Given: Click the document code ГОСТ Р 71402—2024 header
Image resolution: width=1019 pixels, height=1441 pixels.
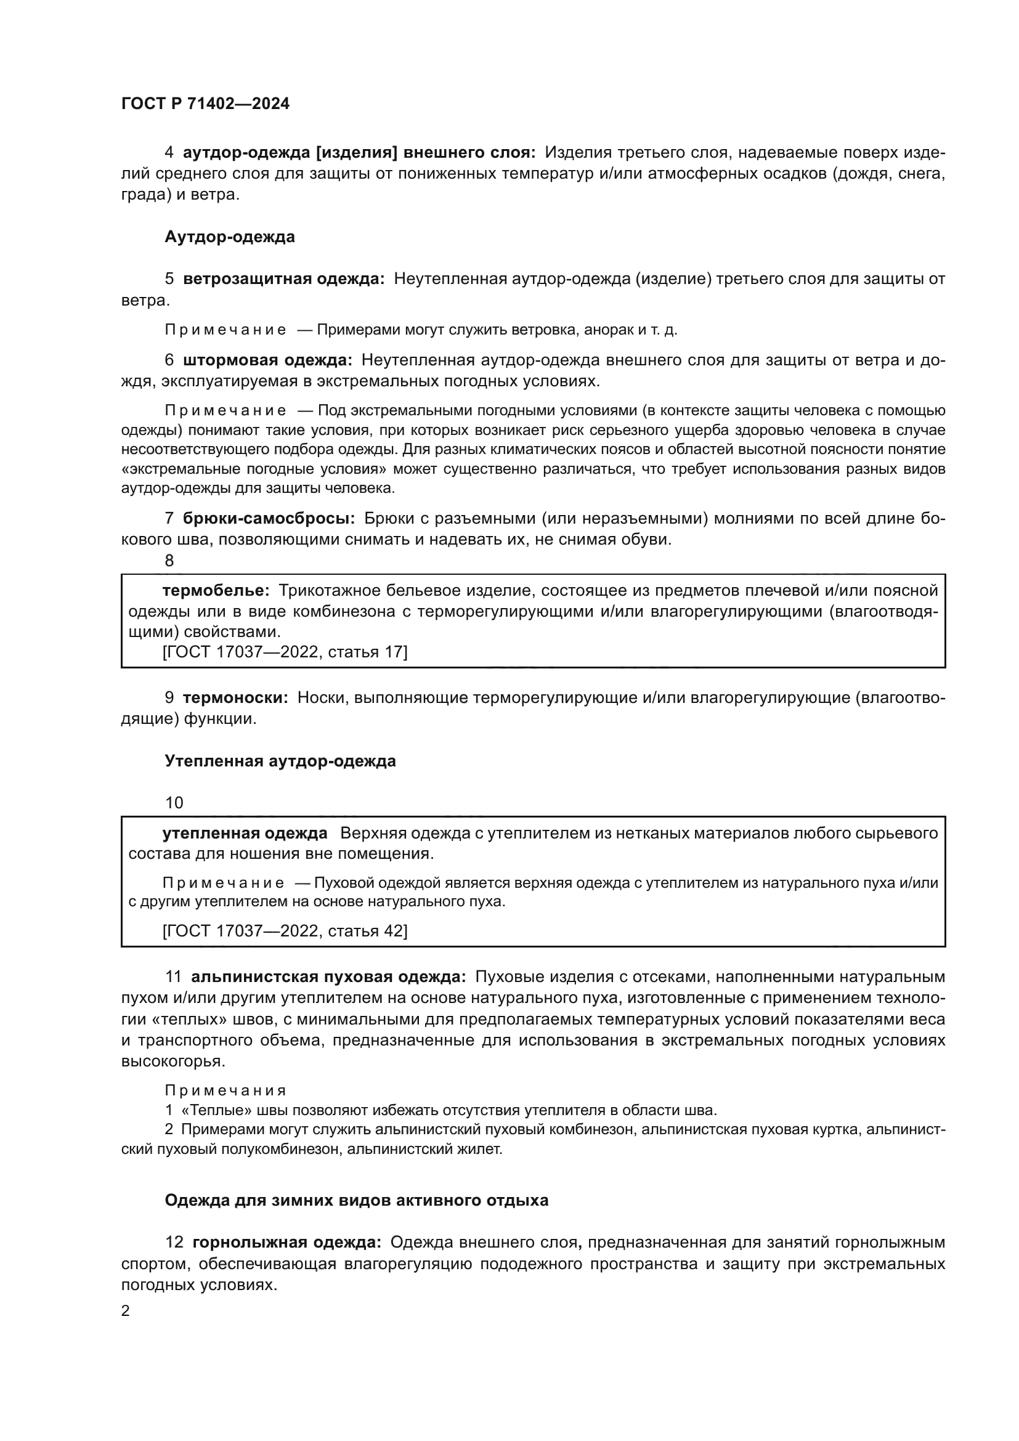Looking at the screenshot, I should (205, 104).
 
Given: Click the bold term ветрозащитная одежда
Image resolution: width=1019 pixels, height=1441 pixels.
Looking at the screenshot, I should (283, 279).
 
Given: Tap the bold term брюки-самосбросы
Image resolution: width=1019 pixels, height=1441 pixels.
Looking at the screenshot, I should (269, 518).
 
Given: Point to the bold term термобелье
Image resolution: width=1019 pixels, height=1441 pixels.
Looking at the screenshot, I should (216, 591).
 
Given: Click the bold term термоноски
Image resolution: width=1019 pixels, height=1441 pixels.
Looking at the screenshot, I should (235, 698).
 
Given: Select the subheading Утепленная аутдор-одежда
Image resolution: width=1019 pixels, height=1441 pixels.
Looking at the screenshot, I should (280, 761).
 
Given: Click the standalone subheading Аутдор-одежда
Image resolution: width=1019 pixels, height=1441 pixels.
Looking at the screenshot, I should (230, 237).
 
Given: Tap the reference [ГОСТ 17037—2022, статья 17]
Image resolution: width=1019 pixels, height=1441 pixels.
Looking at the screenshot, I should (285, 652).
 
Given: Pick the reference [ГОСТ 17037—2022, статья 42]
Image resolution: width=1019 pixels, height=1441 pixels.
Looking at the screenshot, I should (285, 931).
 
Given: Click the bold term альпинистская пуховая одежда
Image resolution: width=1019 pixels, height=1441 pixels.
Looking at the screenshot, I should (328, 977).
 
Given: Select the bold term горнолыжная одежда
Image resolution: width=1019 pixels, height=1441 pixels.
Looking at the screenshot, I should (286, 1243).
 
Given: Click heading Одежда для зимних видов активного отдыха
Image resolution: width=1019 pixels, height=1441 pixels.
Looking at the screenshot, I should (356, 1201).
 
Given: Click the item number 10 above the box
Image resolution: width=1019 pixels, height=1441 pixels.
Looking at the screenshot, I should (174, 803).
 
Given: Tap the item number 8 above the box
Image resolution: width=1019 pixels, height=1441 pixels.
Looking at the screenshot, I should (169, 561).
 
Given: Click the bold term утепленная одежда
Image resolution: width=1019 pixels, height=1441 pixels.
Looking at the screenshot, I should (245, 834).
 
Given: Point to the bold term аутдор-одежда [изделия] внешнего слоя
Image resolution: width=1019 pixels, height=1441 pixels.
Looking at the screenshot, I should (359, 153).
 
